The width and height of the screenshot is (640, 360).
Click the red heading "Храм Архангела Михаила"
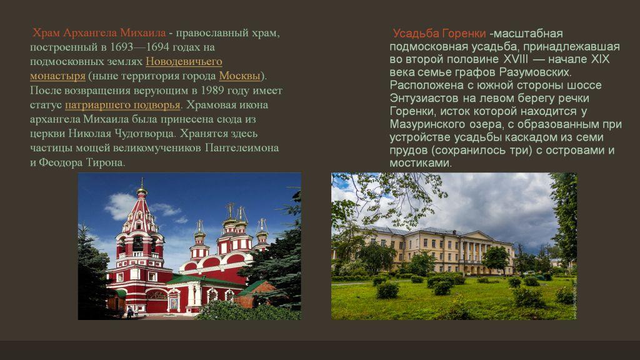(x=99, y=32)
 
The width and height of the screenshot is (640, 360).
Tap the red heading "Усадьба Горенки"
(x=439, y=34)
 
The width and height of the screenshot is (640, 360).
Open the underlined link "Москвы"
(x=239, y=76)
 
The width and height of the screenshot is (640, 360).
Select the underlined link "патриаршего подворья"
(x=122, y=105)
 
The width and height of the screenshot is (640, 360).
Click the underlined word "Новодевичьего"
(x=184, y=62)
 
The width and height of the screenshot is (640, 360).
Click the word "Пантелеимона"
(x=242, y=147)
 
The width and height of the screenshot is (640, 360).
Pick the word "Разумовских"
(x=535, y=72)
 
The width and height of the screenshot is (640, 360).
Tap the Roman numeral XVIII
(x=516, y=59)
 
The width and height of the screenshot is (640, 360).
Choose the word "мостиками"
(x=421, y=163)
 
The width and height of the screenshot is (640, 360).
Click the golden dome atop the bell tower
(x=142, y=191)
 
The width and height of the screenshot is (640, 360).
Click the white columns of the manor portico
(x=475, y=253)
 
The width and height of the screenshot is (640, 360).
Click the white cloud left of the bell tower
(x=120, y=206)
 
